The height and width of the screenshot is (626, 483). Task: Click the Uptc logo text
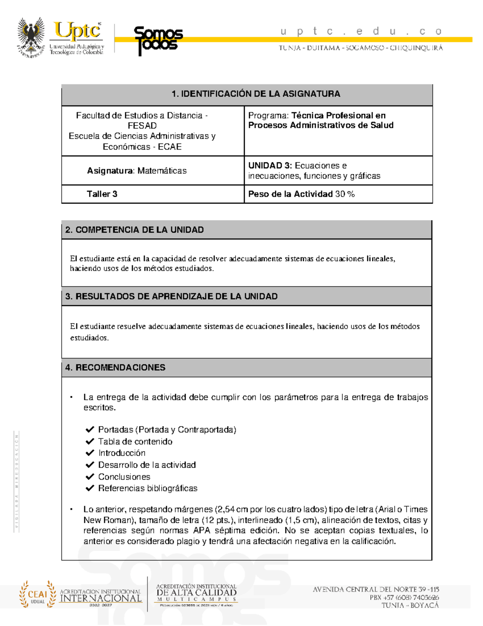coord(77,31)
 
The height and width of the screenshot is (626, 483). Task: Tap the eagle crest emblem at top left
coord(31,37)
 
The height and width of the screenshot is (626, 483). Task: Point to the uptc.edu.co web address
coord(361,31)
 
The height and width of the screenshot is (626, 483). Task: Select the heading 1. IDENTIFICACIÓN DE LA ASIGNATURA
coord(256,94)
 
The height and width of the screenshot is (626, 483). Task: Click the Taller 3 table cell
coord(102,194)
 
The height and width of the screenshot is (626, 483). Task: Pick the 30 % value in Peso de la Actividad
coord(345,194)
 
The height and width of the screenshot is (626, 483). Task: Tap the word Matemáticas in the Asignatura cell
coord(162,171)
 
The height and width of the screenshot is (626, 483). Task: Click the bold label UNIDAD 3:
coord(270,166)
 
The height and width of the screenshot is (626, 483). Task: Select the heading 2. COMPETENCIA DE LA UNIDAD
coord(134,230)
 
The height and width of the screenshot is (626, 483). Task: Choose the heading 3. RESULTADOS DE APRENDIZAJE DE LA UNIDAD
coord(171,296)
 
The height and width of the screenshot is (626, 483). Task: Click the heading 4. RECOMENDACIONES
coord(115,368)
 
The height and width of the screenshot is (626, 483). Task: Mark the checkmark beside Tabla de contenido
coord(90,441)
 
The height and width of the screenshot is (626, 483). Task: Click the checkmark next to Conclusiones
coord(90,477)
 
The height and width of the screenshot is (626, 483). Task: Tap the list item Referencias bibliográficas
coord(148,489)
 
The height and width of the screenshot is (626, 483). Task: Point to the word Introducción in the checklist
coord(122,453)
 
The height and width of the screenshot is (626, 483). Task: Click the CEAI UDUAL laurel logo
coord(38,594)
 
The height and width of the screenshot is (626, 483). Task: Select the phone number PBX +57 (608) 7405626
coord(404,597)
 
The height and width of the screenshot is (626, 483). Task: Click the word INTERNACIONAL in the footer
coord(101,599)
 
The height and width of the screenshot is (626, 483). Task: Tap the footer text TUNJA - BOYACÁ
coord(410,605)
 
